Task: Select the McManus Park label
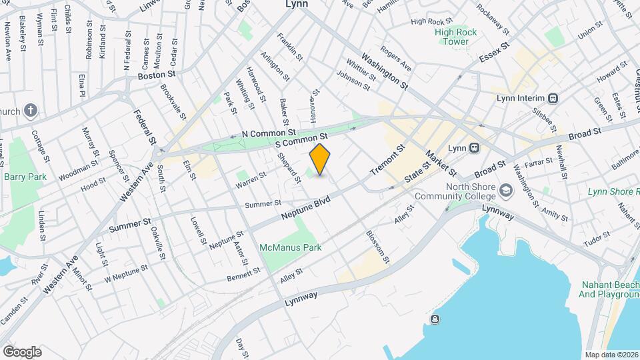click(291, 247)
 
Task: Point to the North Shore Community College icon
click(507, 191)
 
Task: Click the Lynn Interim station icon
click(553, 97)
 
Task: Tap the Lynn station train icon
click(474, 147)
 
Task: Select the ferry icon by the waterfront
click(435, 319)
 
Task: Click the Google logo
click(23, 351)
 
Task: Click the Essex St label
click(495, 52)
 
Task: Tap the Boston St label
click(156, 76)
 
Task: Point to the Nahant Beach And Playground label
click(609, 290)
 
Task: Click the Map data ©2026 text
click(611, 355)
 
